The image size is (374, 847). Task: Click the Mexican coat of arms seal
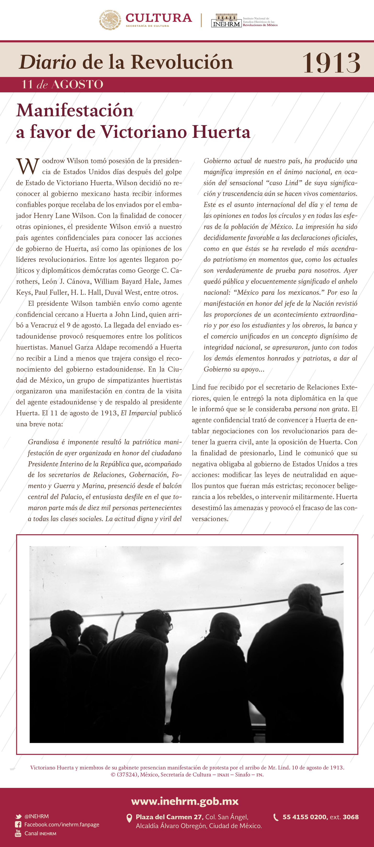point(110,20)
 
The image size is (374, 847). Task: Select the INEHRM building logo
point(226,20)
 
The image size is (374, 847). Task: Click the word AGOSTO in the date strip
point(77,84)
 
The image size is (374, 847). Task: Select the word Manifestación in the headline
point(75,111)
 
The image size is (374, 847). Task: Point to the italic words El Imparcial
point(138,413)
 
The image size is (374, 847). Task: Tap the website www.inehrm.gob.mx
point(185,801)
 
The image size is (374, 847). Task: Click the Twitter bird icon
point(18,816)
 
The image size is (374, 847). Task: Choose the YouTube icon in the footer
point(18,833)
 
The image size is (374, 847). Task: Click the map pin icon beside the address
point(130,818)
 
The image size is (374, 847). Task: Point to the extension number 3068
point(350,817)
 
